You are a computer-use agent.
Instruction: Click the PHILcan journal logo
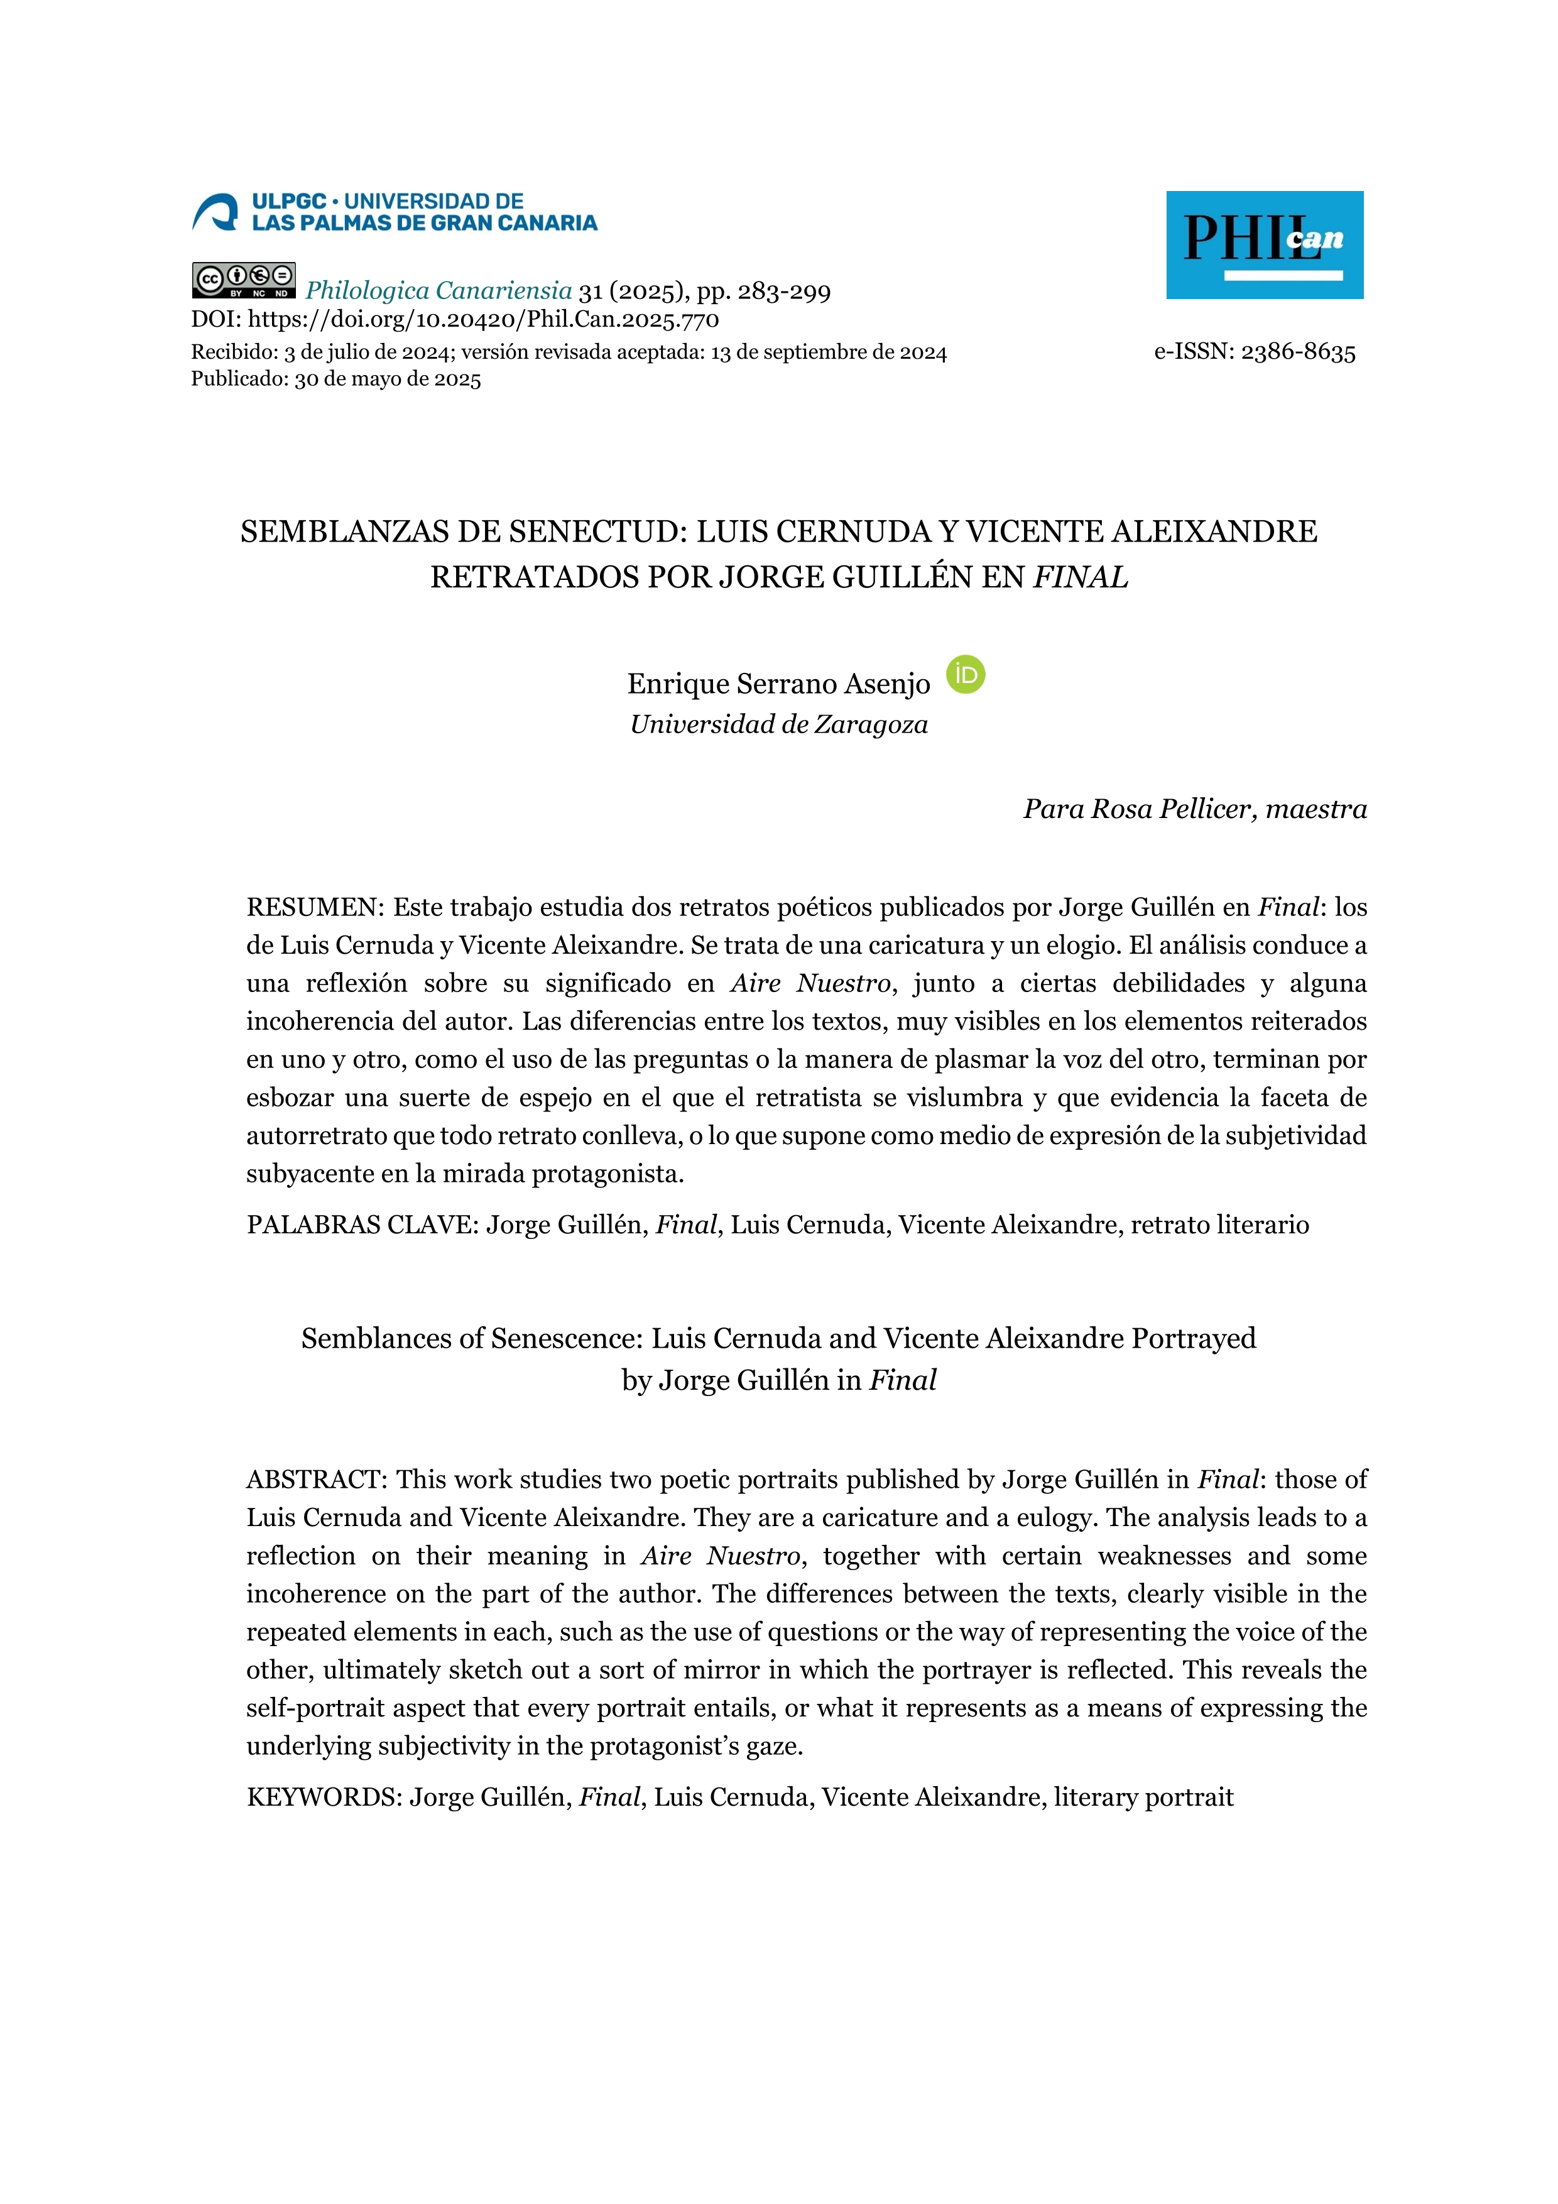point(1263,245)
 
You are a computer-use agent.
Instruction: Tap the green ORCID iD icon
point(965,675)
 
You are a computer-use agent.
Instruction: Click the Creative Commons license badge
point(244,280)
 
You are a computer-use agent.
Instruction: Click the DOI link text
point(483,320)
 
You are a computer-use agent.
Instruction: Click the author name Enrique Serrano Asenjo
point(778,684)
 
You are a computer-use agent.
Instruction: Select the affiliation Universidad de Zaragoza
point(778,725)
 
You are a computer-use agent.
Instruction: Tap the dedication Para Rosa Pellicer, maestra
point(1194,809)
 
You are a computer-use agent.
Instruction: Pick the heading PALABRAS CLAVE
point(361,1225)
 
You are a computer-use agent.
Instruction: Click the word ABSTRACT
point(315,1479)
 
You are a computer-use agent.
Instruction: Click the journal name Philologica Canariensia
point(438,291)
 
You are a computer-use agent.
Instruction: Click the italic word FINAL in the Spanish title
point(1080,578)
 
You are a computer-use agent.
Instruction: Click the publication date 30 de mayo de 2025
point(388,379)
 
